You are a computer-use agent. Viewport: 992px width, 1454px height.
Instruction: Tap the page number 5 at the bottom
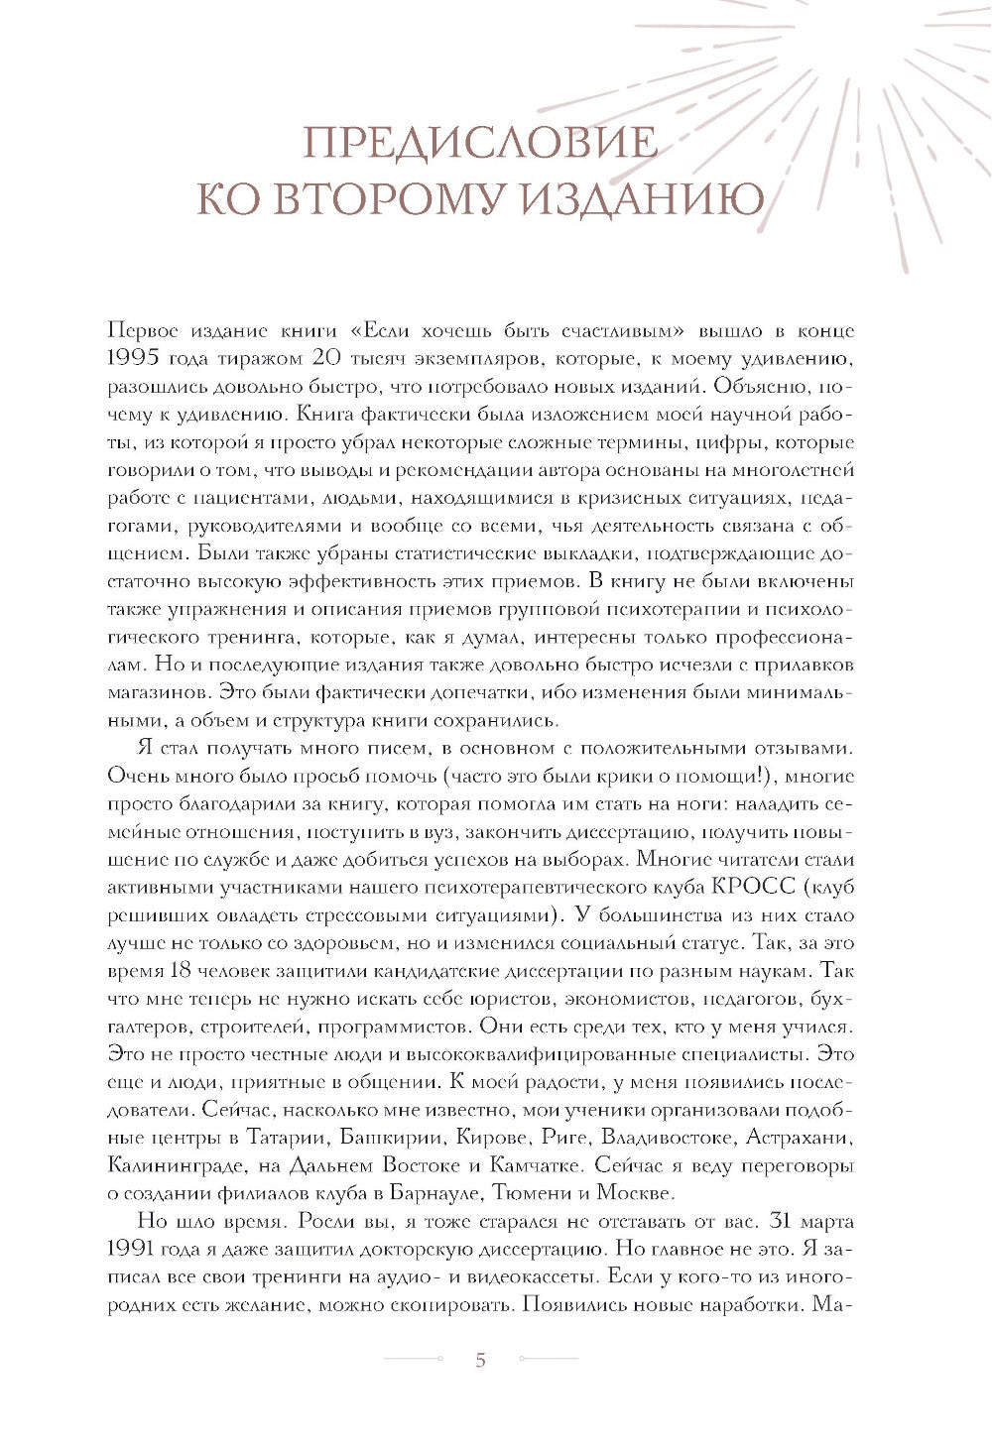[x=481, y=1360]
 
